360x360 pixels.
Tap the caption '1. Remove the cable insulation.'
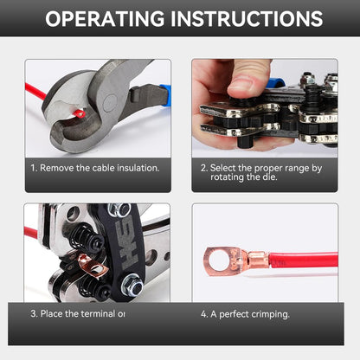(95, 169)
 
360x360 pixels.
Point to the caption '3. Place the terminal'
(79, 313)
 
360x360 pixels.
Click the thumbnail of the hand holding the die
(264, 107)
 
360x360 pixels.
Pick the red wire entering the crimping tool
(32, 233)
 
